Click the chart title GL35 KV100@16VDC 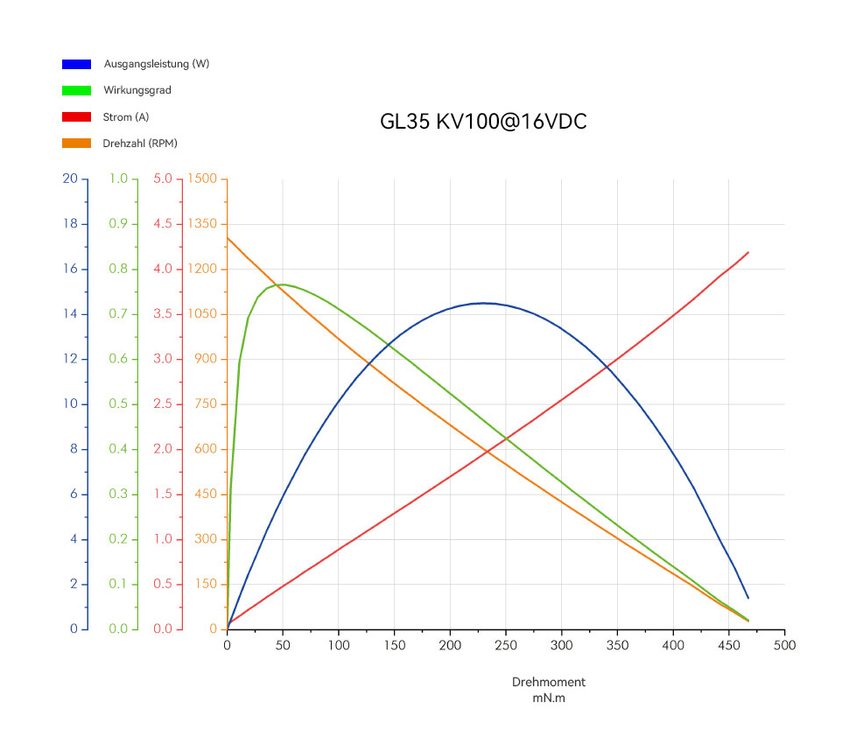tap(483, 122)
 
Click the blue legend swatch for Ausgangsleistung tap(76, 64)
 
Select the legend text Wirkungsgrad tap(137, 90)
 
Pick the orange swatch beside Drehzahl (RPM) tap(76, 143)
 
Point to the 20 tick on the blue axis tap(71, 179)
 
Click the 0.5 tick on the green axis tap(118, 404)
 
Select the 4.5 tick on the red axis tap(163, 224)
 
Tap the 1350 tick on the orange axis tap(203, 224)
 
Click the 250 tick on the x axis tap(506, 645)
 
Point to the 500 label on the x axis tap(785, 645)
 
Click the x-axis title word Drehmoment tap(549, 682)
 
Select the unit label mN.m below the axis tap(549, 698)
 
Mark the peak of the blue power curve tap(483, 303)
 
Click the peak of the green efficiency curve tap(283, 284)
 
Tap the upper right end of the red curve tap(748, 252)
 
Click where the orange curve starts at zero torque tap(228, 237)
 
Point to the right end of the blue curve tap(748, 599)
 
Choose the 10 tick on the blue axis tap(71, 404)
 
